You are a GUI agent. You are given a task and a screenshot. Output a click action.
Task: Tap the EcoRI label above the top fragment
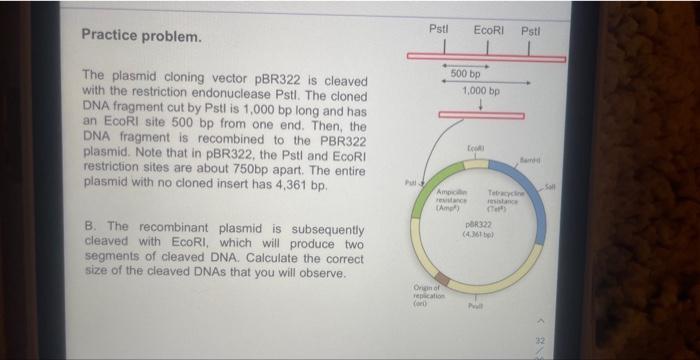click(488, 30)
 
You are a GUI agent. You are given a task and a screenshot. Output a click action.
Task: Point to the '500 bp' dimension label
click(466, 74)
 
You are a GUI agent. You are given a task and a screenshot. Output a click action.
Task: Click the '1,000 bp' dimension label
click(482, 90)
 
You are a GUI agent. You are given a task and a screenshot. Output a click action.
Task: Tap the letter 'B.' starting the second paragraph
click(89, 228)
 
